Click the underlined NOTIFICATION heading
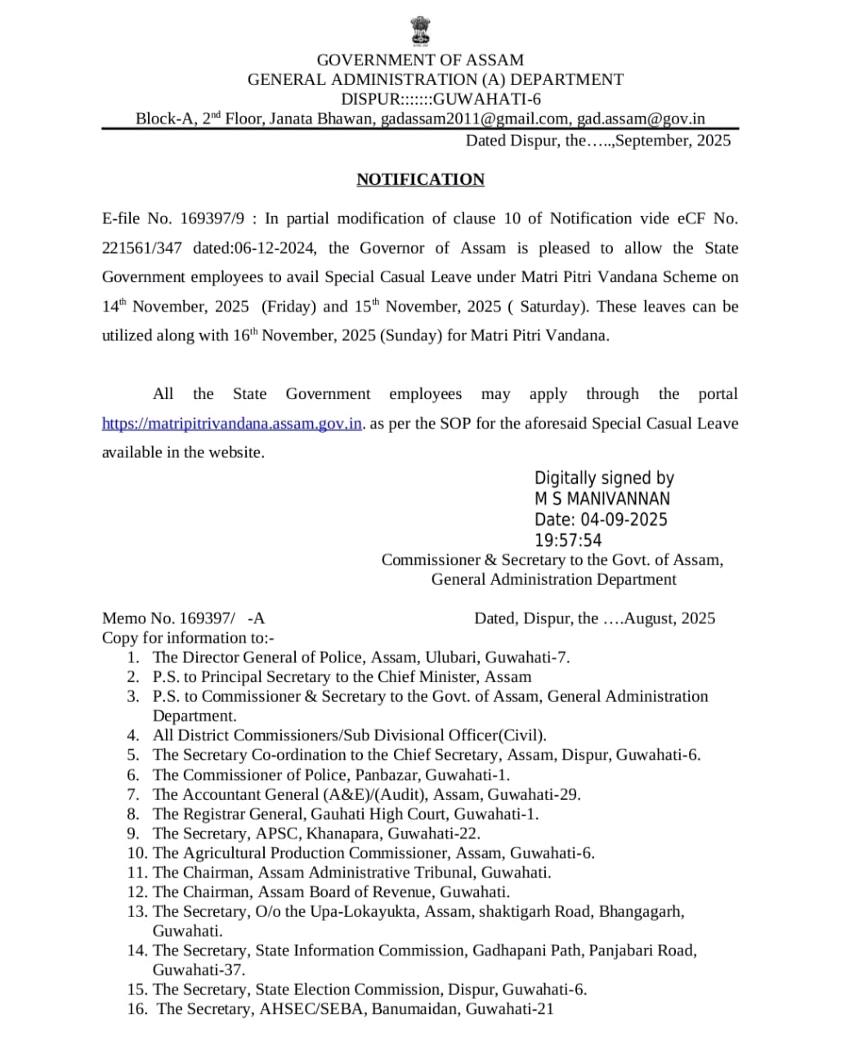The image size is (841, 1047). [x=420, y=179]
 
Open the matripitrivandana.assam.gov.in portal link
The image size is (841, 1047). [x=231, y=424]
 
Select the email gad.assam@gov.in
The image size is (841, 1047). [x=641, y=119]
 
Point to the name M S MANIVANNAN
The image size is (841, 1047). [x=602, y=499]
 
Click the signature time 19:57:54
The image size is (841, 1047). [x=568, y=541]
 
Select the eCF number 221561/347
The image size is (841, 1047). [x=141, y=248]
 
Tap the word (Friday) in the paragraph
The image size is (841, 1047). [x=289, y=307]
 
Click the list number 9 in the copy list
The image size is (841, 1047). [x=133, y=834]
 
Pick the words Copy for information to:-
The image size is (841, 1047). [x=188, y=638]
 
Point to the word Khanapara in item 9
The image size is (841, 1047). [x=342, y=834]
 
